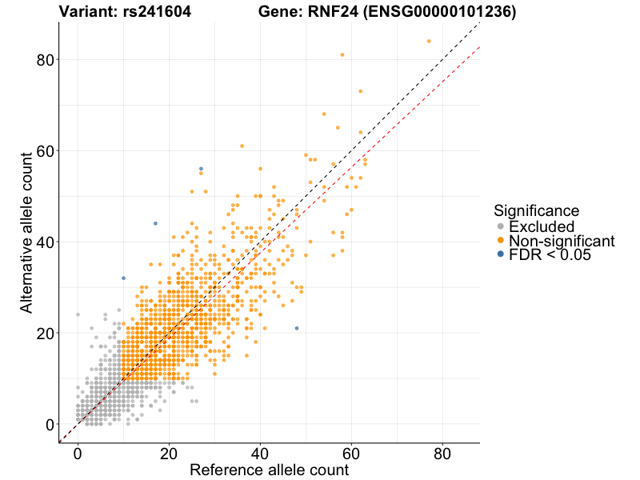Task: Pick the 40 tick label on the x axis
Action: (260, 453)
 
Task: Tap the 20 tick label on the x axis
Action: (169, 453)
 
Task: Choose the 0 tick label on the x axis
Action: (78, 453)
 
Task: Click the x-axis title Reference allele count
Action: (269, 470)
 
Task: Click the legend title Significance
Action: (536, 211)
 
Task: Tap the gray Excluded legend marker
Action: (501, 226)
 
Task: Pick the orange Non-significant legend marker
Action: (501, 241)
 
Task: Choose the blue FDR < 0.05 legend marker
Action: (501, 254)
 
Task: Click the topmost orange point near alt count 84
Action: (429, 41)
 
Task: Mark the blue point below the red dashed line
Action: (297, 328)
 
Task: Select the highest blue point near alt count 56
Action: (201, 169)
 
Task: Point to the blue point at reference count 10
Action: (123, 278)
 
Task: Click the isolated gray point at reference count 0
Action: (78, 314)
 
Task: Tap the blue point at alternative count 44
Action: (155, 223)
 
